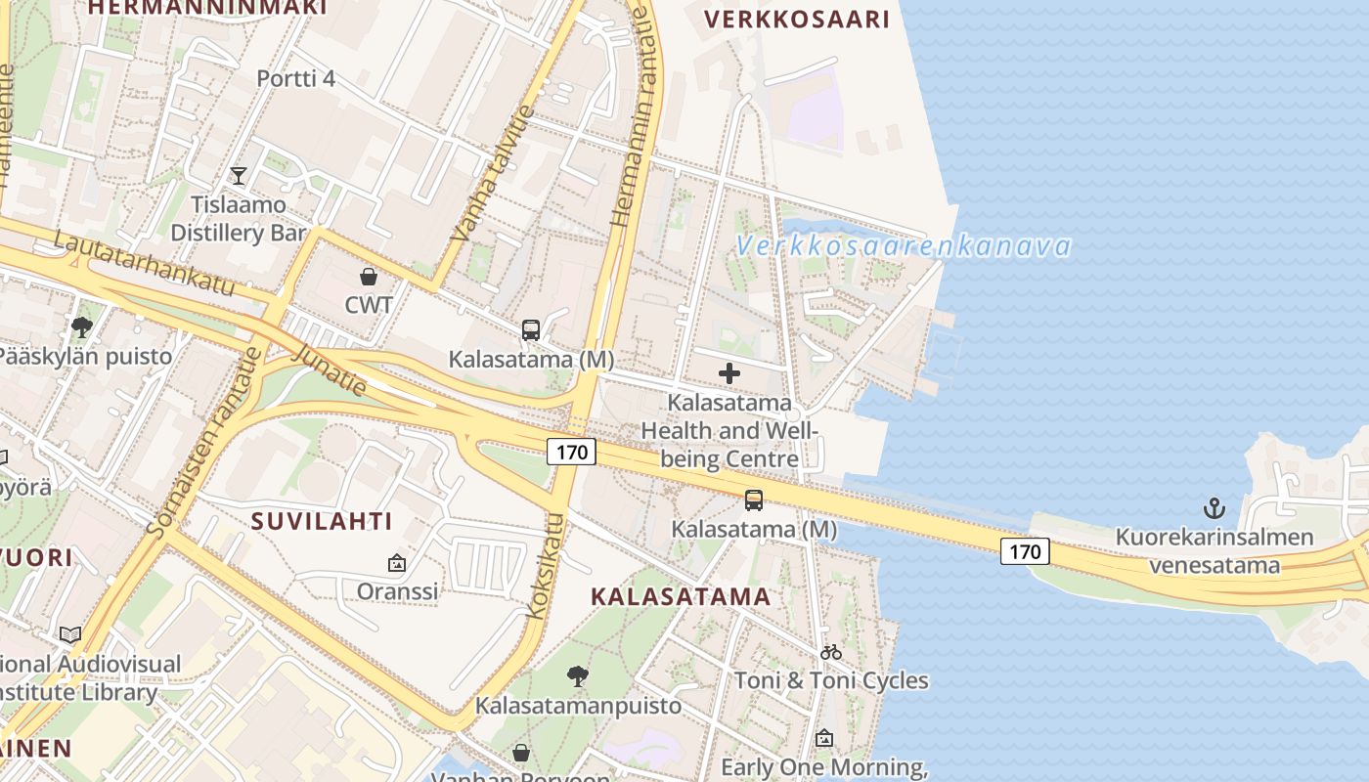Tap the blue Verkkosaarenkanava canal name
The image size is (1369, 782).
(x=904, y=246)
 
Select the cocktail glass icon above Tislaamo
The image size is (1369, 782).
(x=238, y=176)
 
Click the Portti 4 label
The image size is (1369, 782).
(x=295, y=78)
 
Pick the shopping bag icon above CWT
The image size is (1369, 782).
(x=369, y=277)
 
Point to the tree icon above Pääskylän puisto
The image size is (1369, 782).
(x=82, y=327)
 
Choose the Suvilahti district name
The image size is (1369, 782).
(x=322, y=521)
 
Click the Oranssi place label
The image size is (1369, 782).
(x=397, y=591)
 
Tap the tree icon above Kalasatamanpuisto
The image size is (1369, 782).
(x=578, y=675)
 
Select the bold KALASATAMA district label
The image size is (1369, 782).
(x=681, y=596)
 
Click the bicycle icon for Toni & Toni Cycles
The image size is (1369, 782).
(x=831, y=652)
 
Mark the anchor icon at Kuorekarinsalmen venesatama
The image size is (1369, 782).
(x=1214, y=508)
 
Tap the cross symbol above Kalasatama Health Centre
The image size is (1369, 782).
(x=729, y=373)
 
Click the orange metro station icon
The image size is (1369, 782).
(x=754, y=500)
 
